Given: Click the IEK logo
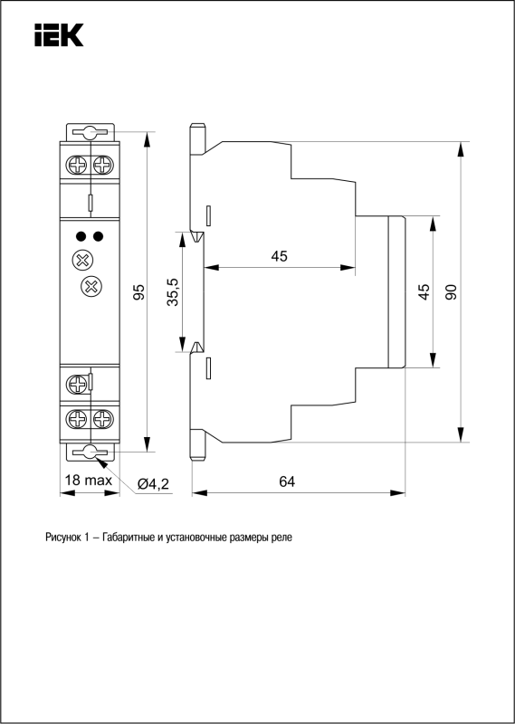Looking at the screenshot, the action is [59, 35].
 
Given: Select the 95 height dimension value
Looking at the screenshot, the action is [139, 291].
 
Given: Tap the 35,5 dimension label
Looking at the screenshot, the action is [174, 292].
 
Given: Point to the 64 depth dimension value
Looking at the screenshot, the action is [287, 481].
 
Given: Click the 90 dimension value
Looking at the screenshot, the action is [452, 291].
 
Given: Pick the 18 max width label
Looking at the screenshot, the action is [89, 481].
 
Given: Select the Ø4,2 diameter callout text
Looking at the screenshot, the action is [154, 484].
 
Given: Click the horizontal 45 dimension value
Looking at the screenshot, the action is [279, 255].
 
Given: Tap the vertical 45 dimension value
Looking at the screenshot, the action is [424, 291].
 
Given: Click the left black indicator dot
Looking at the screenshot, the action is [81, 237].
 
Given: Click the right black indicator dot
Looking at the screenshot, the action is [98, 237].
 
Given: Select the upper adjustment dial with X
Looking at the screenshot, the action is [82, 261].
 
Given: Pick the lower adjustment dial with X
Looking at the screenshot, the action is [91, 287].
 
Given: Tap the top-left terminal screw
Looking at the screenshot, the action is [77, 165].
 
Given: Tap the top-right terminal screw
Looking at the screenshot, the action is [102, 165].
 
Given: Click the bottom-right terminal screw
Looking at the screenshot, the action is [102, 420].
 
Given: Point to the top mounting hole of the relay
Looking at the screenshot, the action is [91, 132].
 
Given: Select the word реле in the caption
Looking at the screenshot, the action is [282, 538].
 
